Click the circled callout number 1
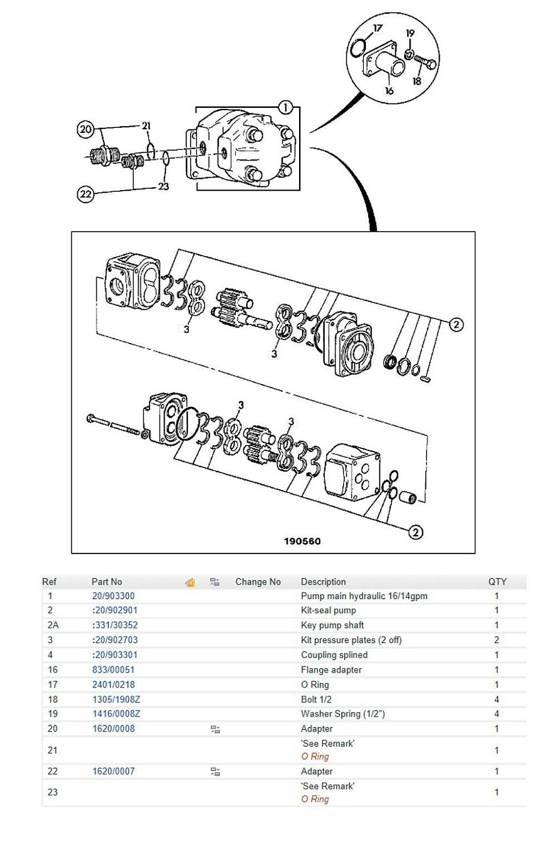tap(285, 107)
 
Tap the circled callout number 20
tap(86, 130)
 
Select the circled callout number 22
tap(85, 194)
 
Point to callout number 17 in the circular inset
tap(378, 28)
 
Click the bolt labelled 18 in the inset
tap(425, 62)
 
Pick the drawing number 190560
tap(302, 541)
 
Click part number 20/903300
tap(114, 596)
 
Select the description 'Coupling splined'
tap(334, 655)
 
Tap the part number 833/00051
tap(114, 669)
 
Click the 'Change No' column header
tap(258, 582)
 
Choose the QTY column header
tap(497, 582)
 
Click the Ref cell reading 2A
tap(53, 625)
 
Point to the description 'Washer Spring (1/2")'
tap(343, 713)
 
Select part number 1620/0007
tap(114, 771)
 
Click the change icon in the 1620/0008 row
tap(215, 729)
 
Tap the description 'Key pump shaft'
tap(332, 625)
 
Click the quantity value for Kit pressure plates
tap(497, 640)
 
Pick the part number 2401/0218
tap(114, 684)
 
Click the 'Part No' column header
tap(107, 582)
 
